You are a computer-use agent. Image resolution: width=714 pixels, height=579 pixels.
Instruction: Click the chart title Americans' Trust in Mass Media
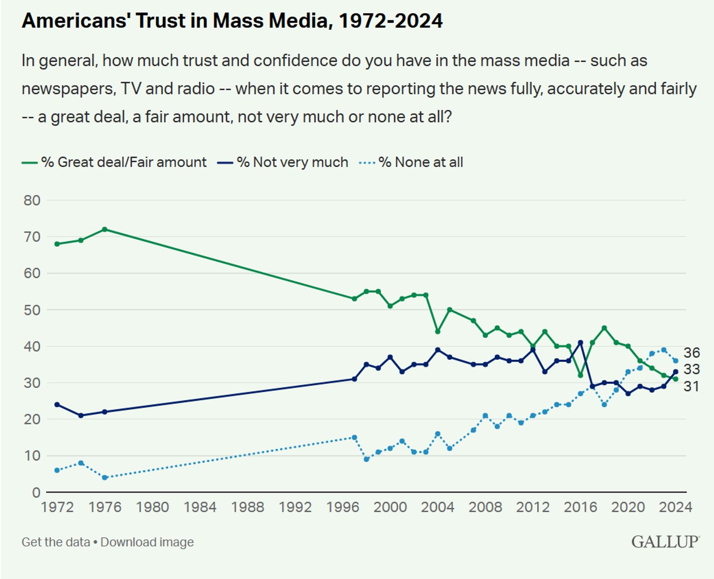point(232,21)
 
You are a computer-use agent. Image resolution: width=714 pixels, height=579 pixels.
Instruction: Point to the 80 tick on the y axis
point(32,200)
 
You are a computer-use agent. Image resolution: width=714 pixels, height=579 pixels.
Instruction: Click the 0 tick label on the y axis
point(36,492)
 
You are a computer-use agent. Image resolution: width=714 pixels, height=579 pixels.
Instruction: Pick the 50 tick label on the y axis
point(32,310)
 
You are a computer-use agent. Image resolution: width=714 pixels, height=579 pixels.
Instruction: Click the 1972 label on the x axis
point(57,507)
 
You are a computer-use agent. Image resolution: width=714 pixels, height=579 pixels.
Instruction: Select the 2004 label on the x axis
point(437,507)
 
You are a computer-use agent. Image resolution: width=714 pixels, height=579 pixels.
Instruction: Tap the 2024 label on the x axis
point(675,507)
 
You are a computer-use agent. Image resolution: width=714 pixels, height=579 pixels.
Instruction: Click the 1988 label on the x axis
point(247,507)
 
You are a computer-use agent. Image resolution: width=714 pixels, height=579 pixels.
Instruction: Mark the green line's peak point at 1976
point(105,229)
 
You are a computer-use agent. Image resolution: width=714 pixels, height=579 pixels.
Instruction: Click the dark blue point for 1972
point(57,405)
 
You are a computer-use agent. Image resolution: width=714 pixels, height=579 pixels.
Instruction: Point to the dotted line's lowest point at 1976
point(105,478)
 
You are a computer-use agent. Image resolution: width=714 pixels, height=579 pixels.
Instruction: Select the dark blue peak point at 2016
point(580,342)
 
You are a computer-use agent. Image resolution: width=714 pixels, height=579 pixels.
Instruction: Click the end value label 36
point(692,353)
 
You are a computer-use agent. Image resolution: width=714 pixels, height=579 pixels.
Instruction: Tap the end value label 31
point(691,386)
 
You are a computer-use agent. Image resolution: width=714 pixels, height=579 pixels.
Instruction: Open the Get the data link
point(56,542)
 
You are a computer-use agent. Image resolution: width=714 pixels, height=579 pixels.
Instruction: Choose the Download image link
point(147,542)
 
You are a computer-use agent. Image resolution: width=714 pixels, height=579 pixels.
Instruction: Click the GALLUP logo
point(665,542)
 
